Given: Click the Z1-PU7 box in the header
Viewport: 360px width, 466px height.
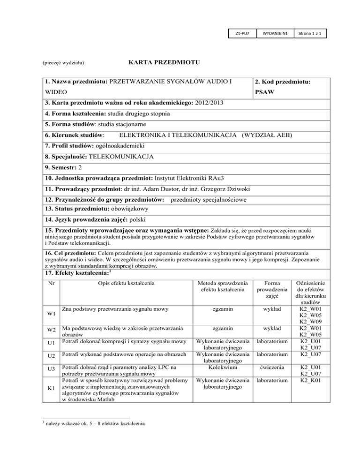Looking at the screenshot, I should (x=243, y=34).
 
